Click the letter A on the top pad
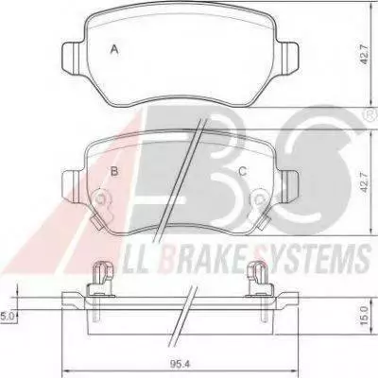[114, 50]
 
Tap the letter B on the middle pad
[114, 171]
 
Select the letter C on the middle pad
[242, 171]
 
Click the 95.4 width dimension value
[180, 365]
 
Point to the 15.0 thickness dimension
[364, 314]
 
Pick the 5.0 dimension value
[6, 316]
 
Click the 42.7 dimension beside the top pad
[364, 55]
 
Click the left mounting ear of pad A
[73, 57]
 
